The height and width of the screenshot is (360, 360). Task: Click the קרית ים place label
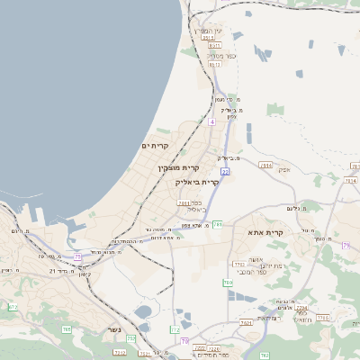155,145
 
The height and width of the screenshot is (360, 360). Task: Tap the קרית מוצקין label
178,168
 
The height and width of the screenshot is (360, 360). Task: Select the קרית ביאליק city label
197,182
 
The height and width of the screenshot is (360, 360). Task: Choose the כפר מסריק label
220,57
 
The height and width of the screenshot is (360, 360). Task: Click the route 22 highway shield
225,170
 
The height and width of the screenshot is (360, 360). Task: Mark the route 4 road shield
211,121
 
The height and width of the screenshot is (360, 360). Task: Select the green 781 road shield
217,224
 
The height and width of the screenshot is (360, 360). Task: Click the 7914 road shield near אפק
265,166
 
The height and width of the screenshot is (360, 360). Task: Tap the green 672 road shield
13,307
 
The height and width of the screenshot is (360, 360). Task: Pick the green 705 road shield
67,329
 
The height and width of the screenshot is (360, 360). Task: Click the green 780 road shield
227,283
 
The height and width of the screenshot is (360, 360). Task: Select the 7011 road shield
183,203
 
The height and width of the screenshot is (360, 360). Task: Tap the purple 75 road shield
78,256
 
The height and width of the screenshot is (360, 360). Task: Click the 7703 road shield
238,265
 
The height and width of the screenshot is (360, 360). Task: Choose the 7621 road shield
246,321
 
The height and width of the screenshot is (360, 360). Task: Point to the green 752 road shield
131,338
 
